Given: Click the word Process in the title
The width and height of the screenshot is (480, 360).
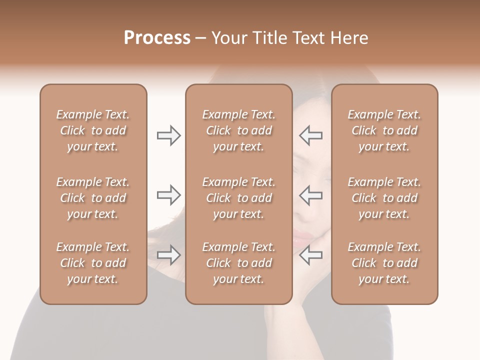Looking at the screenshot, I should coord(157,38).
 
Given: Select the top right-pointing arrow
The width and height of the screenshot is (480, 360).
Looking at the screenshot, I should coord(168,135).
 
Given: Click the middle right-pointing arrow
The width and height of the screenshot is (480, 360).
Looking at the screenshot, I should coord(168,195).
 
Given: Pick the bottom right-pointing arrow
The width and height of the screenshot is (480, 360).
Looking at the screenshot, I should coord(168,255).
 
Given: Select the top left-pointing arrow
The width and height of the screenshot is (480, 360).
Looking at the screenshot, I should coord(311,135).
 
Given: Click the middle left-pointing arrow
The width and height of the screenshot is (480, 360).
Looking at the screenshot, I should coord(311,195).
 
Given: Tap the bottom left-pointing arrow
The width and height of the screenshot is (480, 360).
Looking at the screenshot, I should coord(311,255).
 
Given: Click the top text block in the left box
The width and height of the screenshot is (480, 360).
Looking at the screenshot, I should coord(93,130).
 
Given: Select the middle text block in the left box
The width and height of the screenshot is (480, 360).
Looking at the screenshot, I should coord(93,198).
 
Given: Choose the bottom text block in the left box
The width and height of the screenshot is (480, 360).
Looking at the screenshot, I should coord(93,263).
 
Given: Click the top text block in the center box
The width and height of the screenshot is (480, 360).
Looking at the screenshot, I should coord(239,130).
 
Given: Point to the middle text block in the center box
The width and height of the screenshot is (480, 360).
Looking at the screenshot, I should coord(239,198).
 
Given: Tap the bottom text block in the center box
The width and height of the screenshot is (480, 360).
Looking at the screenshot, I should coord(239,263).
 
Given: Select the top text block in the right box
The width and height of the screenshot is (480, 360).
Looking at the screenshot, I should coord(384,130).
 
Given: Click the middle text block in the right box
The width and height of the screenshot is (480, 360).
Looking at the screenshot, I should coord(384,198).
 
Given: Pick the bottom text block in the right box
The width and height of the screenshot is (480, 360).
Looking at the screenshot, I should coord(384,263).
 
